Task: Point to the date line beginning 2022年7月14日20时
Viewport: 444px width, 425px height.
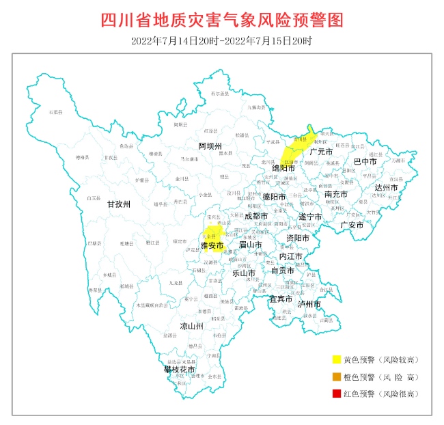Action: tap(221, 41)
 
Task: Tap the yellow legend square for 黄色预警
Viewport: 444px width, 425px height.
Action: tap(336, 359)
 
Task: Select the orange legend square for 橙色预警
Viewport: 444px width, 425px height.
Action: tap(336, 376)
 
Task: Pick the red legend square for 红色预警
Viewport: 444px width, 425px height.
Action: tap(336, 394)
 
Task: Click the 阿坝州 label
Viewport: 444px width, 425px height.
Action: tap(210, 146)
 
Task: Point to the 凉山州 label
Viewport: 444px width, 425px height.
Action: tap(191, 327)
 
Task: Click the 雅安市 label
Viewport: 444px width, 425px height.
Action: tap(212, 245)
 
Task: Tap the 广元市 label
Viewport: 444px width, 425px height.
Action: tap(320, 152)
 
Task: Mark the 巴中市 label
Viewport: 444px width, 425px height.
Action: tap(365, 162)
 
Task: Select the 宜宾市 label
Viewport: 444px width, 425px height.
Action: tap(280, 299)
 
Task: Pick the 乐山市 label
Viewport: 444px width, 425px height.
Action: tap(244, 273)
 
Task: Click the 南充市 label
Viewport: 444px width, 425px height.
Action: tap(335, 194)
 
